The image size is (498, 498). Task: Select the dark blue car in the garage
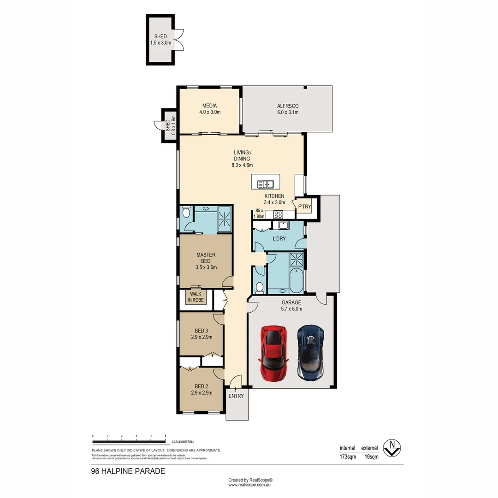click(x=310, y=353)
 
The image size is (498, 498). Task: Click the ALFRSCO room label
click(x=287, y=109)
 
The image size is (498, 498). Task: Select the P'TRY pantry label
click(x=304, y=207)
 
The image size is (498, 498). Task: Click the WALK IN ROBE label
click(x=195, y=297)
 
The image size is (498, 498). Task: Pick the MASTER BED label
click(x=206, y=261)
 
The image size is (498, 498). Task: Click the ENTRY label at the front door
click(x=236, y=396)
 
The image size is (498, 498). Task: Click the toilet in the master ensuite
click(x=186, y=213)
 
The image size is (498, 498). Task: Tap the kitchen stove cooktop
click(x=279, y=214)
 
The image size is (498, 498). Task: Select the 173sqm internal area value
click(x=348, y=457)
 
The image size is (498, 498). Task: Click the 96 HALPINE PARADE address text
click(x=128, y=471)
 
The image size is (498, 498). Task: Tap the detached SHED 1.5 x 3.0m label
click(x=160, y=40)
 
